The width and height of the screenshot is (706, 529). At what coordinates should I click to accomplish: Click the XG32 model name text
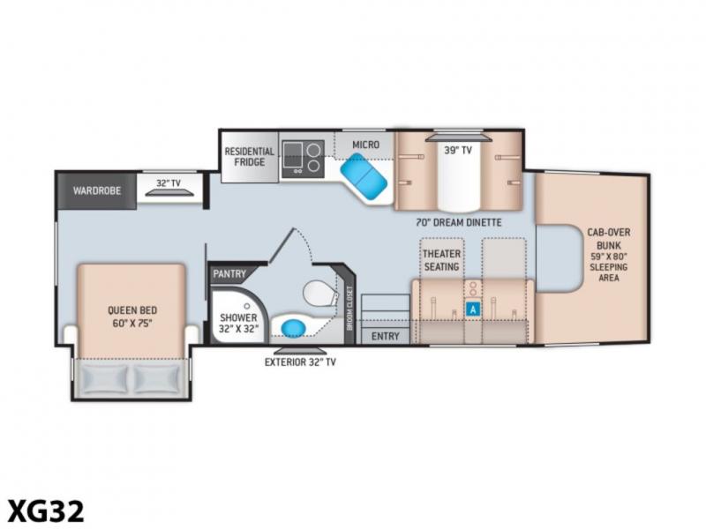pyautogui.click(x=47, y=511)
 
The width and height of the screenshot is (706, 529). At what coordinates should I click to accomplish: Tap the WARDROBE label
pyautogui.click(x=97, y=190)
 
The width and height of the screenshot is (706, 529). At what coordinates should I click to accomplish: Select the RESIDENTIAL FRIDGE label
pyautogui.click(x=250, y=157)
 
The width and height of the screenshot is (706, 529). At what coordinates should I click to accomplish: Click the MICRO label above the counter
pyautogui.click(x=365, y=145)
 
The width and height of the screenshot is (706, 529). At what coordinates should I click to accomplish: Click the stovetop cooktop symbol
pyautogui.click(x=304, y=159)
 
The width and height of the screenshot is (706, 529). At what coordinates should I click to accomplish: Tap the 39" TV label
pyautogui.click(x=458, y=150)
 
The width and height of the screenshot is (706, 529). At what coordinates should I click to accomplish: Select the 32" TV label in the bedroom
pyautogui.click(x=169, y=183)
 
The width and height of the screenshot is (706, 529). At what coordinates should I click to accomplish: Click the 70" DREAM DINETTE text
pyautogui.click(x=459, y=222)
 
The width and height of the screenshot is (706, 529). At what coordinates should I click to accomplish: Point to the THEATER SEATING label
pyautogui.click(x=442, y=260)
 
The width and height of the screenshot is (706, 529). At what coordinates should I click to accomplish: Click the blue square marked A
pyautogui.click(x=473, y=309)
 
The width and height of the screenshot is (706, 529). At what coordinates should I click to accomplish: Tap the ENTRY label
pyautogui.click(x=386, y=336)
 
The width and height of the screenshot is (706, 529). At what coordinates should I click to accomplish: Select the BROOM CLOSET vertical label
pyautogui.click(x=349, y=308)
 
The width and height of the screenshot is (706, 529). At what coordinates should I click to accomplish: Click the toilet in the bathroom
pyautogui.click(x=320, y=294)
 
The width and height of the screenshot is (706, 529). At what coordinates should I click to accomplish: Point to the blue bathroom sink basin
pyautogui.click(x=293, y=327)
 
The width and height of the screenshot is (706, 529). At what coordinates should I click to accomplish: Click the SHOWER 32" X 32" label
pyautogui.click(x=238, y=323)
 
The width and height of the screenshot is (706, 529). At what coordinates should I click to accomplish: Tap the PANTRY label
pyautogui.click(x=229, y=274)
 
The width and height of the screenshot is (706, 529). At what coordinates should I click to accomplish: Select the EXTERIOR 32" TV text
pyautogui.click(x=300, y=362)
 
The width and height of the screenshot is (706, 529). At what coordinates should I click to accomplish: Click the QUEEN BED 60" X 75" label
pyautogui.click(x=132, y=317)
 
